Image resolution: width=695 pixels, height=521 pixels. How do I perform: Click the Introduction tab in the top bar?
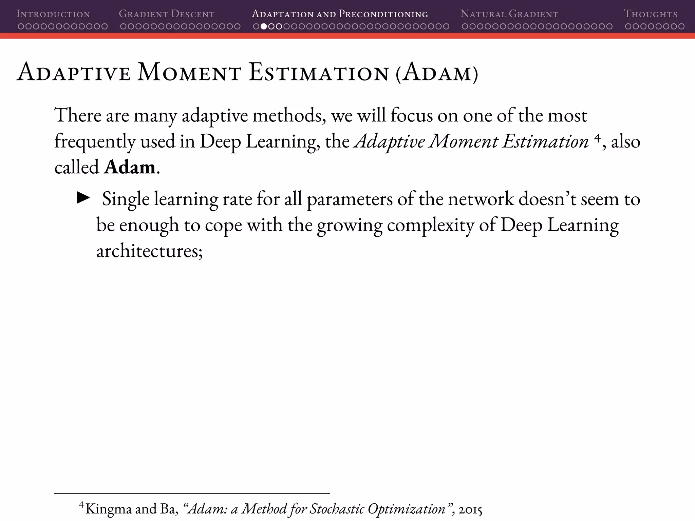pyautogui.click(x=53, y=14)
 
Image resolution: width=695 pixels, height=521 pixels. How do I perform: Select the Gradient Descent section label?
pyautogui.click(x=167, y=14)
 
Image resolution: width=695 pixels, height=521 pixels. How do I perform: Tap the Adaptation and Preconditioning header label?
pyautogui.click(x=340, y=14)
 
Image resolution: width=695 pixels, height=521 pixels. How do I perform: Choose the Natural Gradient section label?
pyautogui.click(x=509, y=14)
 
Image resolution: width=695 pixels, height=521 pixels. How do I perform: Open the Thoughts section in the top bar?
pyautogui.click(x=650, y=14)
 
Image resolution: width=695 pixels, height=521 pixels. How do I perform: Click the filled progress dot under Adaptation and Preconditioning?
pyautogui.click(x=263, y=26)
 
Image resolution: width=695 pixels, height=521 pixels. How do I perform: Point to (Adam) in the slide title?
pyautogui.click(x=437, y=73)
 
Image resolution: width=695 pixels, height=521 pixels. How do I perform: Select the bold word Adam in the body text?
pyautogui.click(x=130, y=167)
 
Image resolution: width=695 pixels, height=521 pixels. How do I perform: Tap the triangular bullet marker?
pyautogui.click(x=83, y=198)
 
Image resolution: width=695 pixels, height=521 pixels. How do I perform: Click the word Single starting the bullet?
pyautogui.click(x=126, y=199)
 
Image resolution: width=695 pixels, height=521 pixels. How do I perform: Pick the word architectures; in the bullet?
pyautogui.click(x=149, y=251)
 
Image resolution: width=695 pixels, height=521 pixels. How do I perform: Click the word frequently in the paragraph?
pyautogui.click(x=95, y=142)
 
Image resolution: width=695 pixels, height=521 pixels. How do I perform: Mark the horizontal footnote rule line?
pyautogui.click(x=192, y=493)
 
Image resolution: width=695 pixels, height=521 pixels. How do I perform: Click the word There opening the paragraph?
pyautogui.click(x=78, y=115)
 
